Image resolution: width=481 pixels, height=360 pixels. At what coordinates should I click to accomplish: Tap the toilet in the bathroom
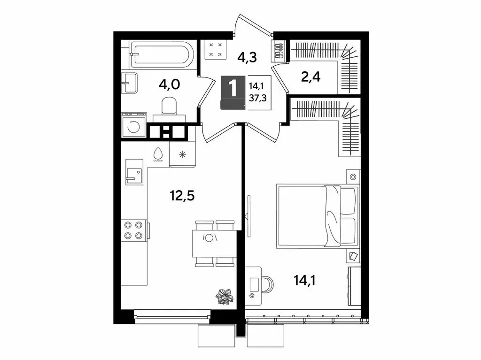click(168, 106)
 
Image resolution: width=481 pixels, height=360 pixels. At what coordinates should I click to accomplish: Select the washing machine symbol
click(134, 126)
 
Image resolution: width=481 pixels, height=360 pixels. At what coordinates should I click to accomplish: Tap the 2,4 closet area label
click(311, 76)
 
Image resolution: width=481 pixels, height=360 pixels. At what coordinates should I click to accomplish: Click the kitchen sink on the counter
click(133, 175)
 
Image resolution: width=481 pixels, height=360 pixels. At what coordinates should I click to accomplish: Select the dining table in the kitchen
click(213, 243)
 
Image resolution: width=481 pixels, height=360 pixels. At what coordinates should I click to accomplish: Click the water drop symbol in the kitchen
click(158, 153)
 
